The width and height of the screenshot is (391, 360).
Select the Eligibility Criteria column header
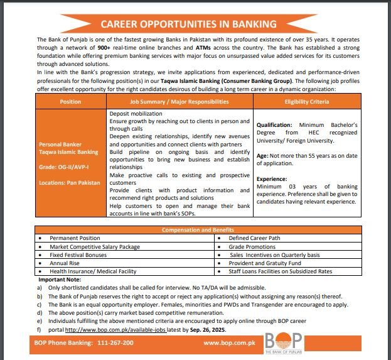306,101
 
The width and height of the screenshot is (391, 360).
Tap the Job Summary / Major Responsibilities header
179,101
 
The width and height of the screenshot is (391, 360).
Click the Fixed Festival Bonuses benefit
78,255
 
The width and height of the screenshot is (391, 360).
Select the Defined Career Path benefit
255,239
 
